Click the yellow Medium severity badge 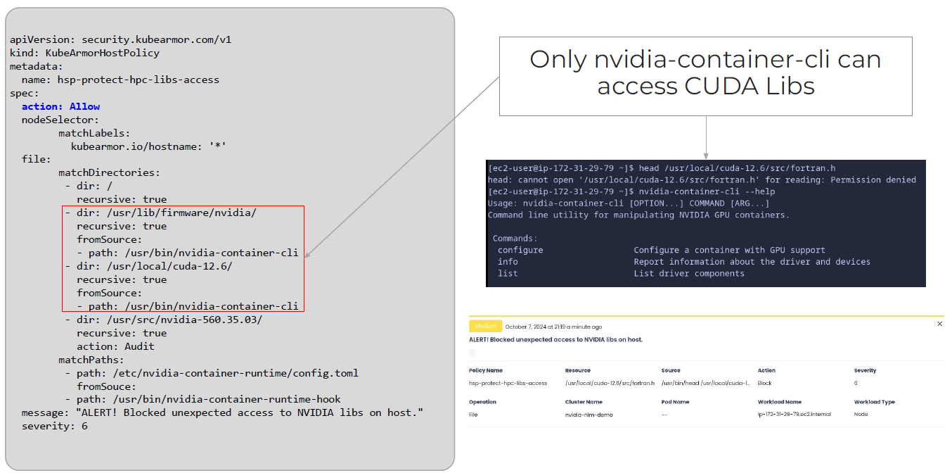tap(485, 326)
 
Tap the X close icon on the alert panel tap(940, 324)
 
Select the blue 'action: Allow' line tap(60, 106)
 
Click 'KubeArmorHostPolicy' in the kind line tap(103, 53)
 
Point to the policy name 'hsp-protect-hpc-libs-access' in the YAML tap(138, 80)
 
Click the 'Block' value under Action tap(764, 384)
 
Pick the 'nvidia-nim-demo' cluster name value tap(588, 415)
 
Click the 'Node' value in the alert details tap(861, 415)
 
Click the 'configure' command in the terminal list tap(520, 250)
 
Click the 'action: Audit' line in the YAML tap(115, 346)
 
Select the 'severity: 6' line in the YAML tap(54, 426)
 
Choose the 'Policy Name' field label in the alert tap(486, 370)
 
